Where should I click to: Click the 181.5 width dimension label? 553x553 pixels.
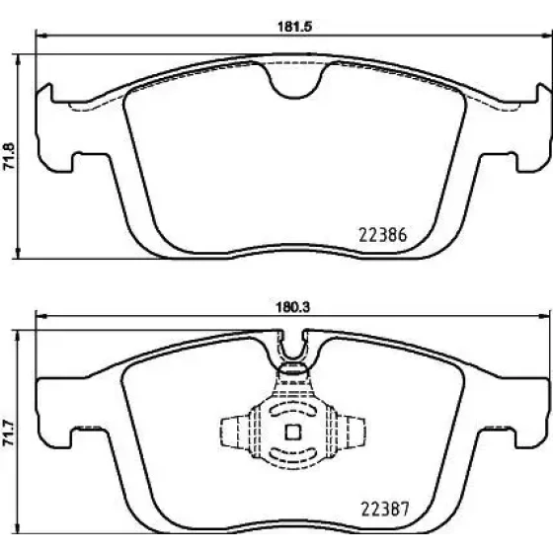[x=295, y=27]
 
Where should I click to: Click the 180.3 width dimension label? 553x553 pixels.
[x=292, y=307]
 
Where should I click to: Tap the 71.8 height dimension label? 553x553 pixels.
[x=9, y=156]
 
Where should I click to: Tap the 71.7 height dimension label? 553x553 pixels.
[x=9, y=433]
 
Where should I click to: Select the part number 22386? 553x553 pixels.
[x=383, y=235]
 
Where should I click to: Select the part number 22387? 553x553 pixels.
[x=385, y=509]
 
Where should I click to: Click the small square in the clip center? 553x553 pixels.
[x=292, y=433]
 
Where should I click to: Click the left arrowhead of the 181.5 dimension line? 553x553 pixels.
[x=41, y=36]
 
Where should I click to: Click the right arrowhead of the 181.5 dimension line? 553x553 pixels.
[x=547, y=35]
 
